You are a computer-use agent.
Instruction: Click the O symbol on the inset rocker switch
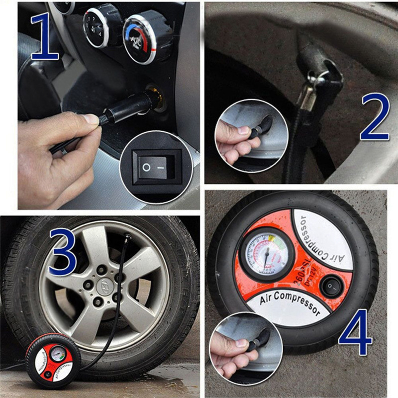[146, 167]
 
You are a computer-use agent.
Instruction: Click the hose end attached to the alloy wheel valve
[127, 237]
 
